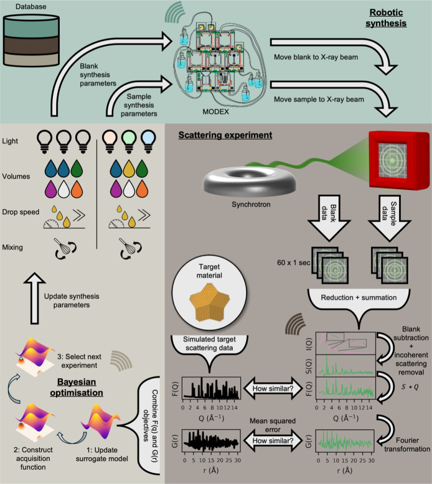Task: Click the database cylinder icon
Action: tap(31, 40)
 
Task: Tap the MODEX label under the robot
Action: tap(215, 112)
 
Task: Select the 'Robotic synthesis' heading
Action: tap(386, 18)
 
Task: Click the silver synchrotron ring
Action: tap(249, 183)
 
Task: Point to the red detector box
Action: tap(399, 161)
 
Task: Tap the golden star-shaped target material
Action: tap(210, 301)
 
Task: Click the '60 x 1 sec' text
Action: tap(293, 263)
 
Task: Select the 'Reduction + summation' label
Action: tap(359, 297)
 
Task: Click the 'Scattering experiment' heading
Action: tap(225, 135)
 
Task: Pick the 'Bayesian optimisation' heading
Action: tap(77, 387)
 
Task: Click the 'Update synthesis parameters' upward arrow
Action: tap(35, 298)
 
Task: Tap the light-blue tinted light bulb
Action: tap(148, 141)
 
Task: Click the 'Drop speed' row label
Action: tap(21, 212)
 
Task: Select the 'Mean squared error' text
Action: tap(273, 425)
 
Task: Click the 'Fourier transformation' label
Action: tap(407, 444)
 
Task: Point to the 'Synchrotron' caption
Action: tap(251, 204)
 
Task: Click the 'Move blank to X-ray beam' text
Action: tap(316, 57)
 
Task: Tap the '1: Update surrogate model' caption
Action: tap(102, 454)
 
